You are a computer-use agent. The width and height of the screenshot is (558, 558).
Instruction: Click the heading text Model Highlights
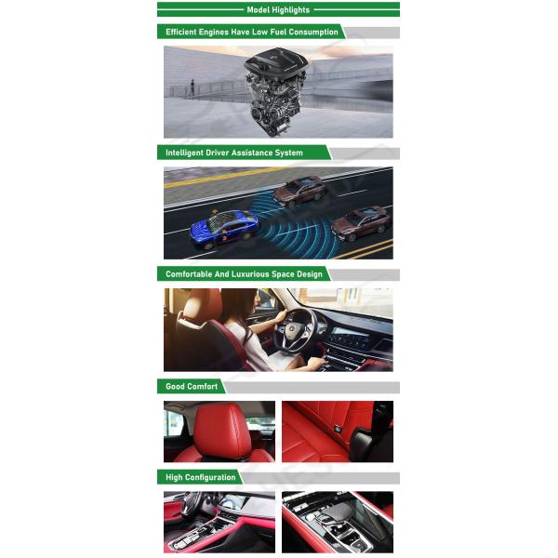(x=278, y=10)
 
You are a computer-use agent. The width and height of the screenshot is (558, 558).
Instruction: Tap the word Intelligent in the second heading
(x=184, y=153)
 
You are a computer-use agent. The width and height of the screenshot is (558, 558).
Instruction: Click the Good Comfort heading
(x=192, y=387)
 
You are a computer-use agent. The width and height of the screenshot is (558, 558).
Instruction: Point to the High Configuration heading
(x=200, y=478)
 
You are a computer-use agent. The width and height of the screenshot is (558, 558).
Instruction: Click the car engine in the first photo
(x=276, y=92)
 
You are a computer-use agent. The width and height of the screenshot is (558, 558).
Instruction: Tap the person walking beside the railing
(x=193, y=87)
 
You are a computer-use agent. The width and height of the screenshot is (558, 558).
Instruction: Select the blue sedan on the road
(x=224, y=229)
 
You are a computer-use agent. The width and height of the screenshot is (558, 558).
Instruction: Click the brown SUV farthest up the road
(x=299, y=192)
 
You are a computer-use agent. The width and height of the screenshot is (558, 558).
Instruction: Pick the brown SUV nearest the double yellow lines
(x=361, y=222)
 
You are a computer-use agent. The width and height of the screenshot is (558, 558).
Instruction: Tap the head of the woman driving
(x=240, y=304)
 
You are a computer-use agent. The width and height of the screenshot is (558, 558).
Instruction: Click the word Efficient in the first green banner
(x=181, y=32)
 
